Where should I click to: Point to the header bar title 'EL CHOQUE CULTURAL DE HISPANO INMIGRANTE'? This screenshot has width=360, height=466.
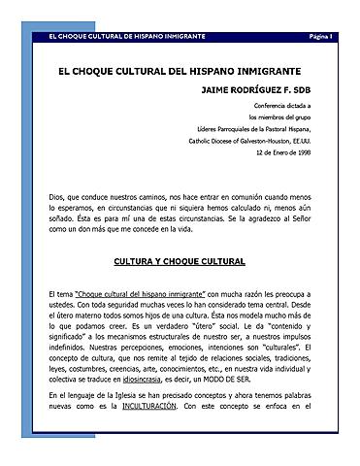tap(119, 37)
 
